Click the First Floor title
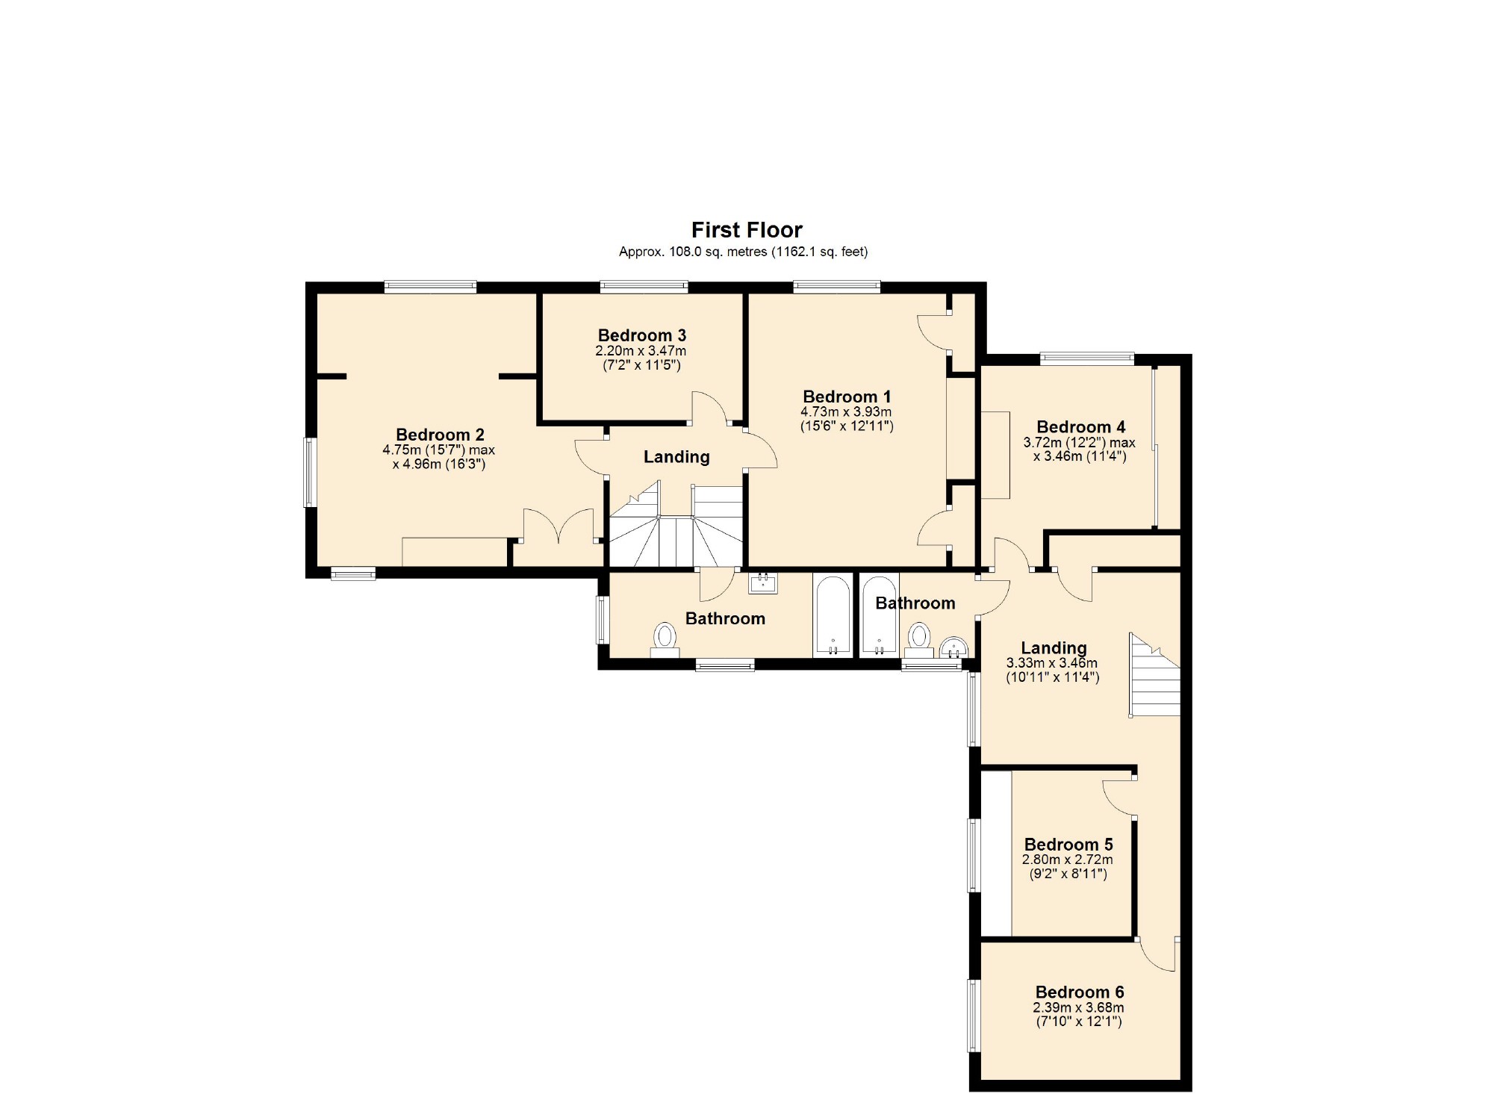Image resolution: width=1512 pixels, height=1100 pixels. tap(747, 229)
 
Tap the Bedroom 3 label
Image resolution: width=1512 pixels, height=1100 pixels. tap(641, 335)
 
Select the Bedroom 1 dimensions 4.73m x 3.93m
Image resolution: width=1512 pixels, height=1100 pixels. tap(846, 411)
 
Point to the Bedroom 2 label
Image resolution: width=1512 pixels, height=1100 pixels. tap(440, 435)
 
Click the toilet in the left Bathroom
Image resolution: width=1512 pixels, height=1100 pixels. tap(665, 640)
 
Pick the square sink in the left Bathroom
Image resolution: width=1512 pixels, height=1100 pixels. tap(762, 582)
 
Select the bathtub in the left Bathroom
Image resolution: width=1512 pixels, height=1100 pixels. tap(832, 615)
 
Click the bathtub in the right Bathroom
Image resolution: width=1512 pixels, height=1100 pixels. tap(879, 615)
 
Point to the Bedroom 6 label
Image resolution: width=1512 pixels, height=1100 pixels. tap(1079, 992)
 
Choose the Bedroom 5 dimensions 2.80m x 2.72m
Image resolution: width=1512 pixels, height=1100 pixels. tap(1067, 860)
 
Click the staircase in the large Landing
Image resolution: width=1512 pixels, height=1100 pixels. tap(1155, 676)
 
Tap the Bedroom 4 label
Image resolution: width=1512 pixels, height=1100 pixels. tap(1080, 427)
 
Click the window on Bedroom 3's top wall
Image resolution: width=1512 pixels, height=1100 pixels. tap(644, 285)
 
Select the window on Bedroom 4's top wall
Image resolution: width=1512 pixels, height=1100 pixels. tap(1086, 358)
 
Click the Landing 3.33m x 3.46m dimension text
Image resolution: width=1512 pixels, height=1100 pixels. tap(1051, 663)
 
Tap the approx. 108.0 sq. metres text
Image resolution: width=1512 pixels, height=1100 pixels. tap(743, 252)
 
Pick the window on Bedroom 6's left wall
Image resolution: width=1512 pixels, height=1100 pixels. tap(974, 1016)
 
